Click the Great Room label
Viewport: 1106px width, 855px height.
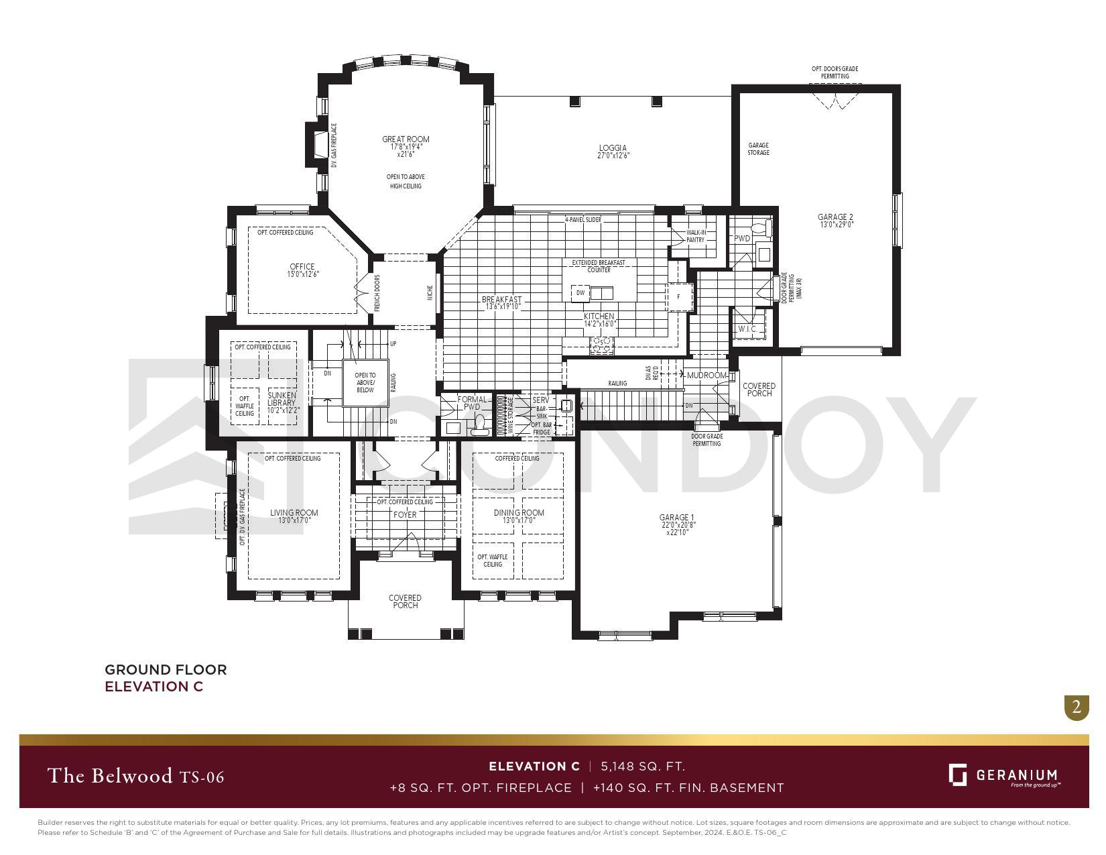pos(406,139)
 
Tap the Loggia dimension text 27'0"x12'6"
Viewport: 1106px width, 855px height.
pos(613,156)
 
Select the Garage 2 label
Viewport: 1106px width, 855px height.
pos(835,217)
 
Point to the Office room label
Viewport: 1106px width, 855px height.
pos(302,266)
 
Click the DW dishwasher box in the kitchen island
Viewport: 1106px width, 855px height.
pos(580,293)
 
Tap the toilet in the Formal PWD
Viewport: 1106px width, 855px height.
pos(479,423)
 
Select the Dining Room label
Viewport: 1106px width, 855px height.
pos(519,512)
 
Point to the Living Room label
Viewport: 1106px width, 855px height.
pos(294,512)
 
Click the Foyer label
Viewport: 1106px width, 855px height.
pos(405,515)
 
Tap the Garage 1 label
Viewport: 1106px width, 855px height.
pos(677,517)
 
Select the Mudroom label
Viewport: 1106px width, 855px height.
pos(706,376)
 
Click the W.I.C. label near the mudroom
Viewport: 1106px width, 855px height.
pos(747,329)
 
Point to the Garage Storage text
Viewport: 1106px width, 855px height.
pos(758,149)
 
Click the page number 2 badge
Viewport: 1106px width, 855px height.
pos(1077,707)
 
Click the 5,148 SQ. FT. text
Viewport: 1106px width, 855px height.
pos(643,766)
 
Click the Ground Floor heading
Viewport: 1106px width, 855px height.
pos(166,669)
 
